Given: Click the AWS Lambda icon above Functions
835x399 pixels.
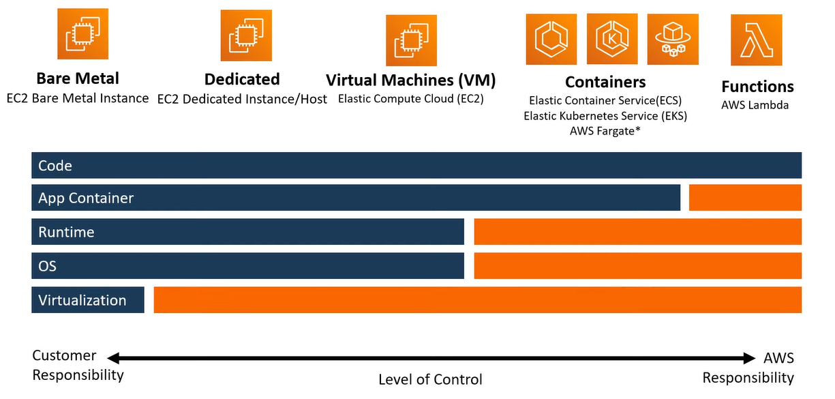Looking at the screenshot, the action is [x=757, y=40].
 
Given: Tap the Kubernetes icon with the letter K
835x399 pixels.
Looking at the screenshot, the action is [x=612, y=39].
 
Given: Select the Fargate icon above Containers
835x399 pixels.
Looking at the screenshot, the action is [x=673, y=39].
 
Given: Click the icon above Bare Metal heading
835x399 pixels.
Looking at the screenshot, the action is [x=82, y=34].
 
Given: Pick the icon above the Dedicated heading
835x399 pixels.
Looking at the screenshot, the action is [x=246, y=35].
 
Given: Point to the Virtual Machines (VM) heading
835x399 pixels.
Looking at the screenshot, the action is [x=411, y=80].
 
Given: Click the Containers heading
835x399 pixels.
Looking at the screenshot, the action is [x=605, y=82].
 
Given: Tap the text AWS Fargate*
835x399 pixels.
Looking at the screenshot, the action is [x=605, y=131].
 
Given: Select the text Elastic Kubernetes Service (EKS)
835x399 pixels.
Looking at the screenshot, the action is [x=605, y=116].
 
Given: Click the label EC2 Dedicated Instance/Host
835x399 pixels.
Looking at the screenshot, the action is [x=242, y=99].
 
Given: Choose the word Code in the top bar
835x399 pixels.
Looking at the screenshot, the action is [x=55, y=166].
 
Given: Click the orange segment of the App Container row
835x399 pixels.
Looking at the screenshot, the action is [x=745, y=198].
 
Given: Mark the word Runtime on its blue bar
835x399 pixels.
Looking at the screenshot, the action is [x=66, y=232].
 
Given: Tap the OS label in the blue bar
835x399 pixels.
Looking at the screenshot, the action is [x=47, y=266].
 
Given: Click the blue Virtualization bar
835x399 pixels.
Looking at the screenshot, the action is [x=88, y=300].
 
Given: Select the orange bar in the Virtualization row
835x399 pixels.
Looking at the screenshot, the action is [x=478, y=300].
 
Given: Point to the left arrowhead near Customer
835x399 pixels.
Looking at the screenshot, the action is [x=113, y=358].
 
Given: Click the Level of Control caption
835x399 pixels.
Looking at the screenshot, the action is [x=430, y=380].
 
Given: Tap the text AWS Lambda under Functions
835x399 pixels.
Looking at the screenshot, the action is [x=755, y=105].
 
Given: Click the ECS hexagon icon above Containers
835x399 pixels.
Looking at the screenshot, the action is [x=551, y=39].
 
